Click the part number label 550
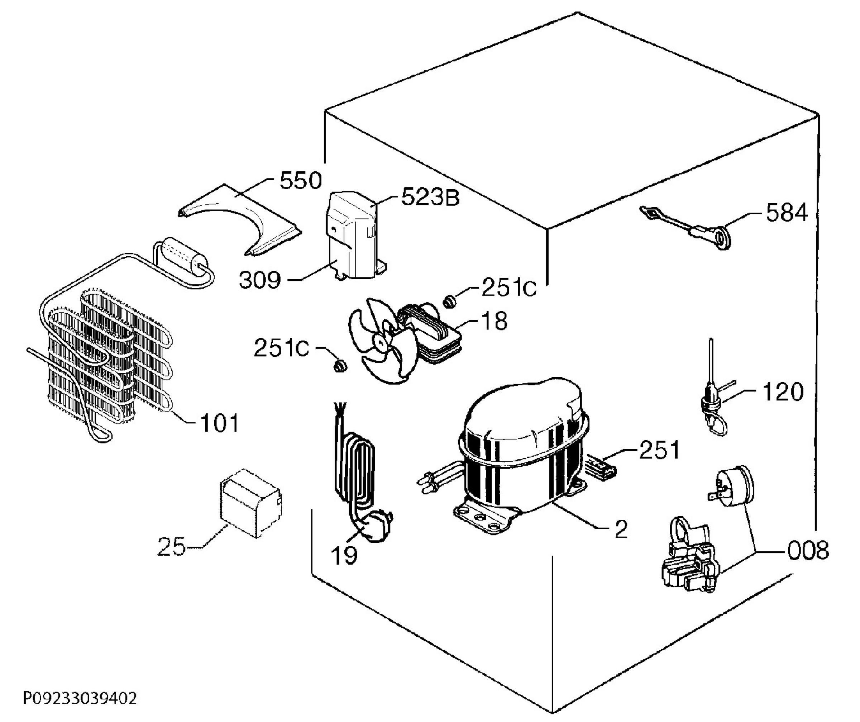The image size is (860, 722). coord(301,181)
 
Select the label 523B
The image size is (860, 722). coord(430,197)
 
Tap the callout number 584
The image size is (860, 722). coord(786,213)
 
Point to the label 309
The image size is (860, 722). coord(260,281)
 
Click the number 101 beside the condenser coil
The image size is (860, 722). coord(219,423)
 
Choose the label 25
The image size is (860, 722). coord(171,547)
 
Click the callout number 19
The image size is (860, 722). coord(344,556)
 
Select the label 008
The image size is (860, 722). coord(808,550)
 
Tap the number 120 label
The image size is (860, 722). coord(783,392)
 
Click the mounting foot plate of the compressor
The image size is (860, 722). coord(483,519)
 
